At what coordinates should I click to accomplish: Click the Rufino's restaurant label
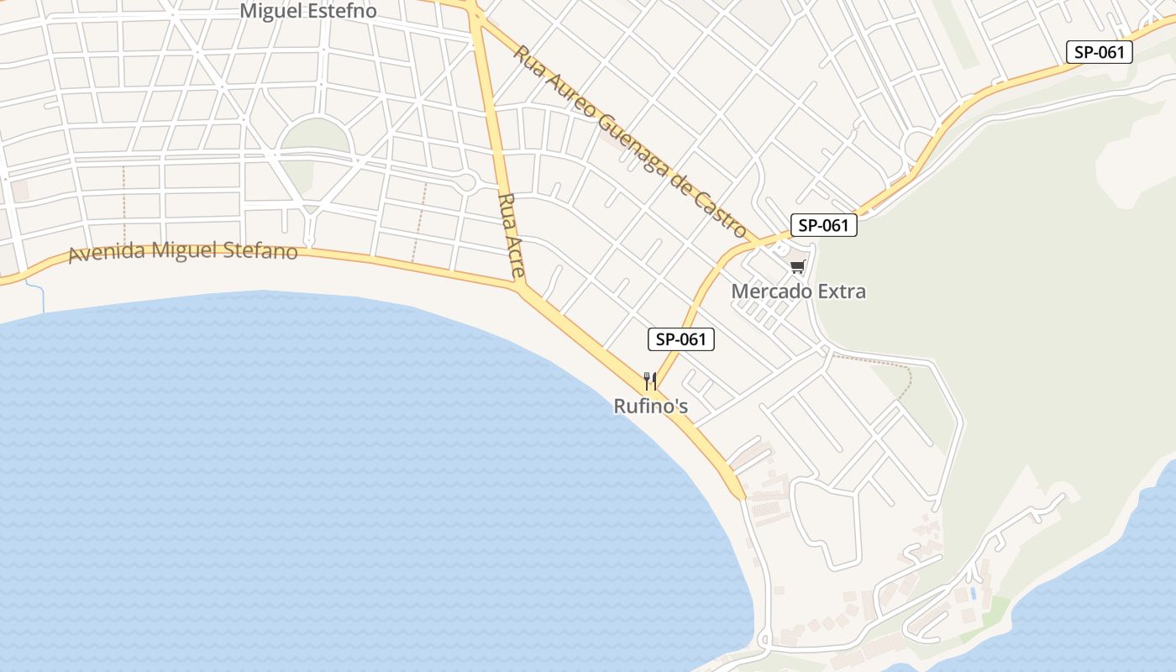pyautogui.click(x=651, y=407)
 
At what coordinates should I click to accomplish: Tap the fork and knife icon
pyautogui.click(x=649, y=381)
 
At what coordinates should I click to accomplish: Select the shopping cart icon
pyautogui.click(x=797, y=267)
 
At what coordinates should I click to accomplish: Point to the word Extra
pyautogui.click(x=837, y=291)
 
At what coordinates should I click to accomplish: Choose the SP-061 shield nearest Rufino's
pyautogui.click(x=681, y=339)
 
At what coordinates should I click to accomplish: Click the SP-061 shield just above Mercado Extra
pyautogui.click(x=823, y=225)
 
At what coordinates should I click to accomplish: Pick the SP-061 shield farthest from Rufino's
pyautogui.click(x=1100, y=52)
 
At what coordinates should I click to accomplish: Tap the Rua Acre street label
pyautogui.click(x=512, y=235)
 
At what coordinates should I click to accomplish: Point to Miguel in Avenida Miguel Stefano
pyautogui.click(x=179, y=250)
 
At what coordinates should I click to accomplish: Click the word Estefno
pyautogui.click(x=343, y=11)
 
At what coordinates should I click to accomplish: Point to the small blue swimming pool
pyautogui.click(x=973, y=593)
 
